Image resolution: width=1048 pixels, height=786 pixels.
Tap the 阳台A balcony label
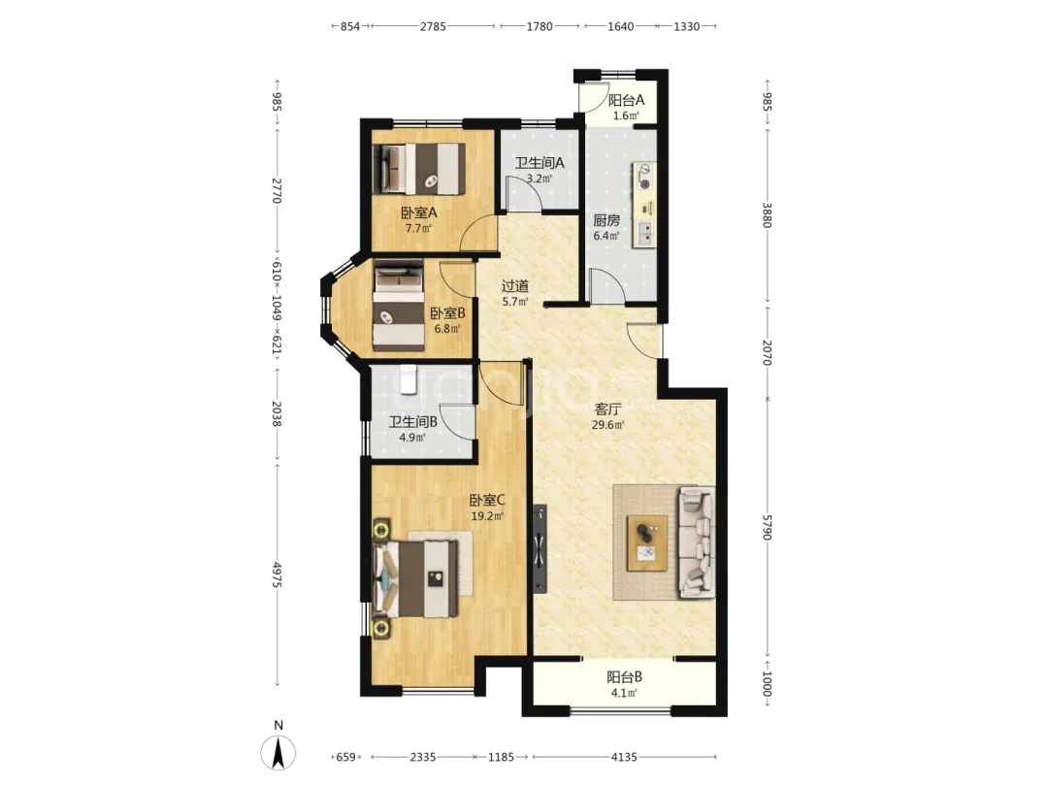626,100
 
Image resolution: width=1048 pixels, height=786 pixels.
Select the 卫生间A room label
540,162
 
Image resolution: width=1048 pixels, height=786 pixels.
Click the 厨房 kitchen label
606,220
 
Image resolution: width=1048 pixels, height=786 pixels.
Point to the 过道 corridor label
515,286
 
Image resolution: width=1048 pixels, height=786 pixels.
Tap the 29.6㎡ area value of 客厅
608,424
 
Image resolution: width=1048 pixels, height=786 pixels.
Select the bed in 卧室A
419,169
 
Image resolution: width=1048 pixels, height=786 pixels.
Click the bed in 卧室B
399,306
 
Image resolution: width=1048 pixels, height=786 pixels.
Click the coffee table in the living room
647,542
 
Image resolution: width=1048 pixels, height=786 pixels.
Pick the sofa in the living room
697,542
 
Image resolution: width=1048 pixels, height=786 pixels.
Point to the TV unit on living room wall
540,548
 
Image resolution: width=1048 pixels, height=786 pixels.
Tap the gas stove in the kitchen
645,176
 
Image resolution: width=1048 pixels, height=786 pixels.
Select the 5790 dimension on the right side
767,527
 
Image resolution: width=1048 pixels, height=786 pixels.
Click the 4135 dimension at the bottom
624,757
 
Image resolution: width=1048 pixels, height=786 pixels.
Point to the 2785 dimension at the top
433,26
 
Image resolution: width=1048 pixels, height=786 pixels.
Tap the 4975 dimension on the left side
277,574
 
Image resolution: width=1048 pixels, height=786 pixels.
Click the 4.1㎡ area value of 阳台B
624,693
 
